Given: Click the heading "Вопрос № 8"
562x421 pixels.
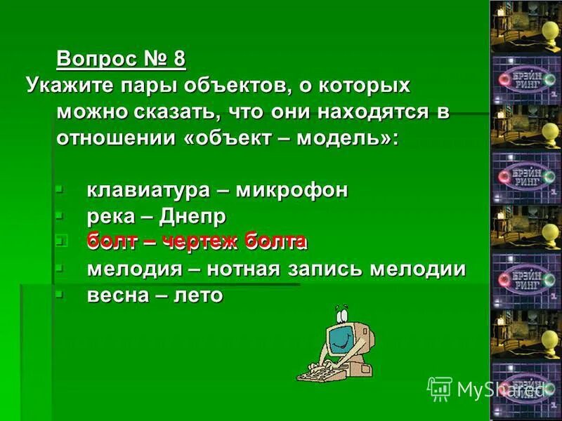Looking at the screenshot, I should (x=121, y=58).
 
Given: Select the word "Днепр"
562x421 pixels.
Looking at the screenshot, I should (x=192, y=217).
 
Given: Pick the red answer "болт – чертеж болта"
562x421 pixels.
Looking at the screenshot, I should (x=197, y=243).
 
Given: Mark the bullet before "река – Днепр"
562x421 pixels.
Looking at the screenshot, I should (x=60, y=215).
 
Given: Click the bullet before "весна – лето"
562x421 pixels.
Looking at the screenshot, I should (x=60, y=293).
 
